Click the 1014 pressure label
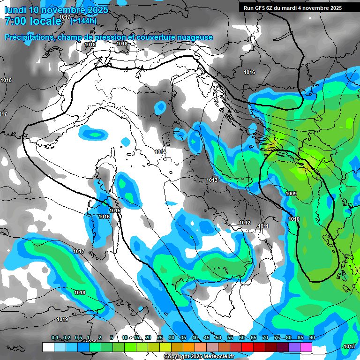click(160, 152)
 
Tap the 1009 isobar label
click(291, 194)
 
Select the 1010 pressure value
click(294, 219)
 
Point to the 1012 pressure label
click(245, 223)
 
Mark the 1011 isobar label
click(263, 226)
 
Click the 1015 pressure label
click(115, 211)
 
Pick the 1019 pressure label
click(62, 319)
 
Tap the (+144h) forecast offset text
click(83, 20)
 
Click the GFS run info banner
click(292, 8)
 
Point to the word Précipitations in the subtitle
click(29, 37)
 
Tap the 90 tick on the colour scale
click(312, 337)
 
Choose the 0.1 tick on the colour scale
click(55, 337)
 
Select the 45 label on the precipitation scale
click(207, 337)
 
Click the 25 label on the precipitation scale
click(160, 337)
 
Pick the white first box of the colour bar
click(48, 347)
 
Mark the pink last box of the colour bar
click(306, 347)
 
